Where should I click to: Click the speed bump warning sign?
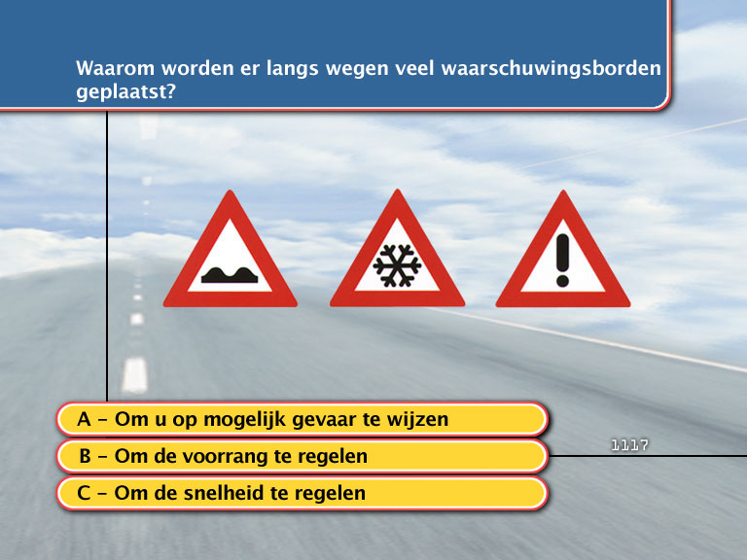coord(231,257)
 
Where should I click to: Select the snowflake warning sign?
coord(397,257)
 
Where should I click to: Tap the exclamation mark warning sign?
coord(562,257)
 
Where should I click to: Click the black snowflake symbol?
coord(397,265)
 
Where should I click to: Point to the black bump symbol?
coord(230,275)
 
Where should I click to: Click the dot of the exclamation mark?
coord(562,280)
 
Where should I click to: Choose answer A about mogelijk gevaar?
coord(302,420)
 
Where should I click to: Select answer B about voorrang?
coord(302,456)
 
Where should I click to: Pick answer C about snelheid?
coord(302,493)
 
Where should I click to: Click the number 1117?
coord(629,445)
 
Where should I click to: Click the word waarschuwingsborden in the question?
coord(551,69)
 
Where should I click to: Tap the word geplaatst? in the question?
coord(125,91)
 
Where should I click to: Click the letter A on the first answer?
coord(84,419)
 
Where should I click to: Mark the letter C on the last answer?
coord(84,493)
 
